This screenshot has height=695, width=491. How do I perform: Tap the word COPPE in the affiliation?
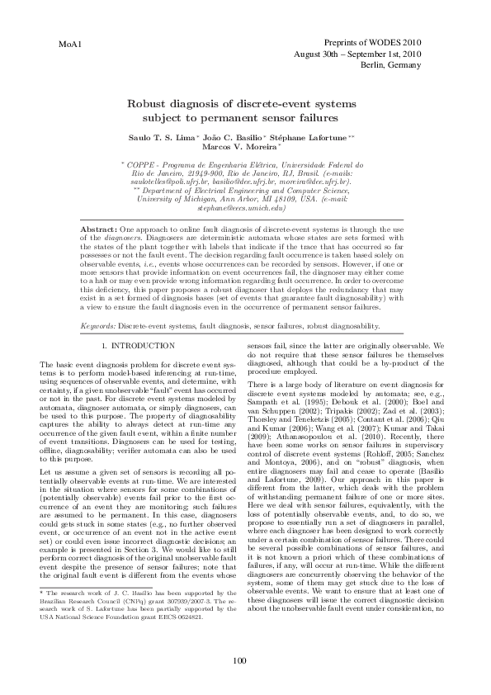pos(147,166)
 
